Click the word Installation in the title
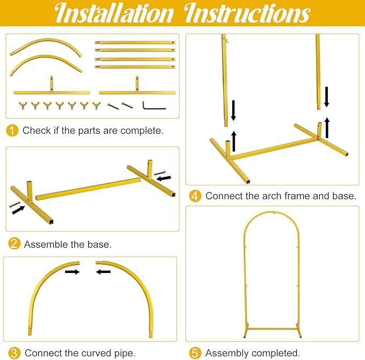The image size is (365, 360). tap(114, 13)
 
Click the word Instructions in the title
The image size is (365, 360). tap(247, 13)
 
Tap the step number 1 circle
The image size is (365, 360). tap(12, 131)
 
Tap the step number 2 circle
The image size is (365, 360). tap(14, 243)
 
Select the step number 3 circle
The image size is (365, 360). tap(14, 353)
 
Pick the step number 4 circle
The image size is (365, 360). tap(195, 196)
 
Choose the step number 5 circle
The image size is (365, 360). tap(195, 353)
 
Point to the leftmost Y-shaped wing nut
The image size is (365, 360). tap(23, 105)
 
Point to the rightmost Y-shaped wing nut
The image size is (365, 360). tap(96, 105)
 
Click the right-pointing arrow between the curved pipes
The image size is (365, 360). tap(73, 271)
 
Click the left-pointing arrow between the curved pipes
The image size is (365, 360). tap(103, 271)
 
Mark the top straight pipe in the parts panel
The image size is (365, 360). tap(135, 42)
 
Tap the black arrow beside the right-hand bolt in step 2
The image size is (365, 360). tap(164, 178)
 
